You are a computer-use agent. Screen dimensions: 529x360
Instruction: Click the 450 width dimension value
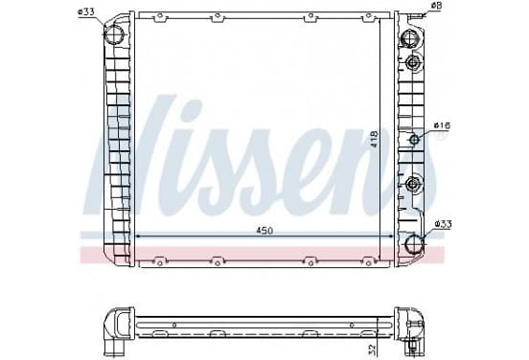tap(264, 231)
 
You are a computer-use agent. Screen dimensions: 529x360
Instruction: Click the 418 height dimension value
tap(374, 139)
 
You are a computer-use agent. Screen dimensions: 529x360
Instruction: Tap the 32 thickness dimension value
tap(372, 349)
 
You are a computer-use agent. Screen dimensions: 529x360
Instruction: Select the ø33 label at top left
tap(85, 12)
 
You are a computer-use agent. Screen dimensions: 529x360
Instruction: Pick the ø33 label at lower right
tap(444, 224)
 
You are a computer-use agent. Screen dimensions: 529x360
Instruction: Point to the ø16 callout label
tap(443, 125)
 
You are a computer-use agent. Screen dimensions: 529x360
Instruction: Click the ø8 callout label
tap(437, 6)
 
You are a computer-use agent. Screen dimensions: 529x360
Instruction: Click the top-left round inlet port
tap(114, 34)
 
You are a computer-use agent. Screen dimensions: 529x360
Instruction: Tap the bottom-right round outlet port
tap(414, 243)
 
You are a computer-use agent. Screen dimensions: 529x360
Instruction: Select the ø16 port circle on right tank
tap(414, 139)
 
